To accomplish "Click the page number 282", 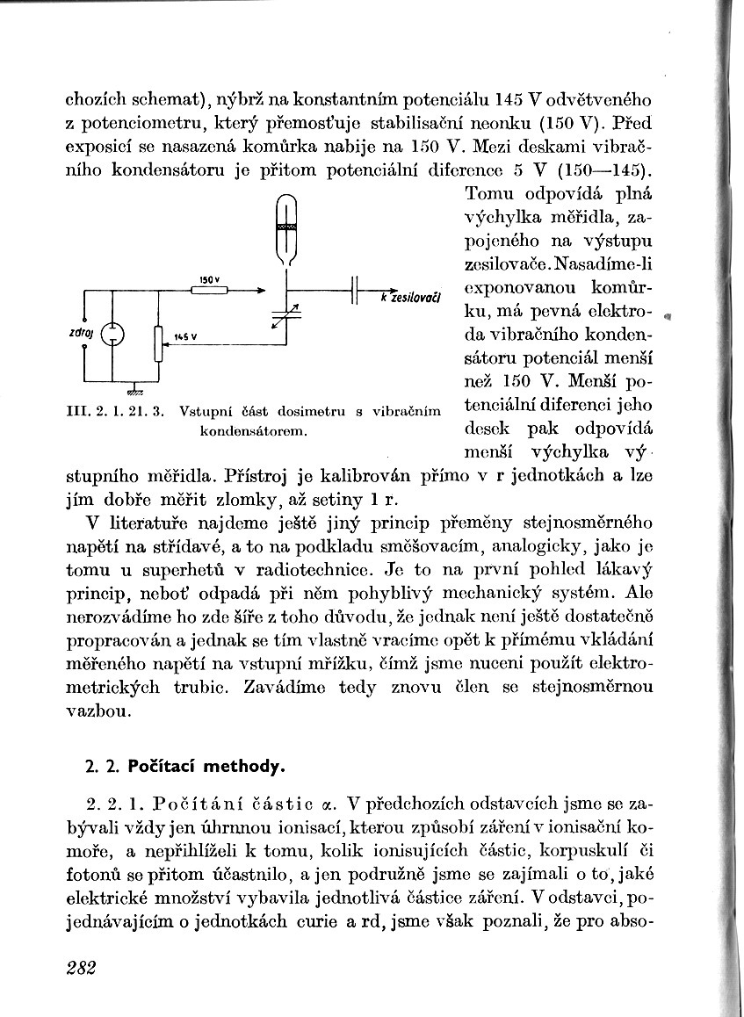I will coord(79,968).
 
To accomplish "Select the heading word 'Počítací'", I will coord(163,766).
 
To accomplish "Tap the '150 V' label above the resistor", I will coord(209,278).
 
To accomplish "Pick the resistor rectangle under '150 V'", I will coord(209,290).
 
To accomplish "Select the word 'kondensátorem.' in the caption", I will coord(251,431).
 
